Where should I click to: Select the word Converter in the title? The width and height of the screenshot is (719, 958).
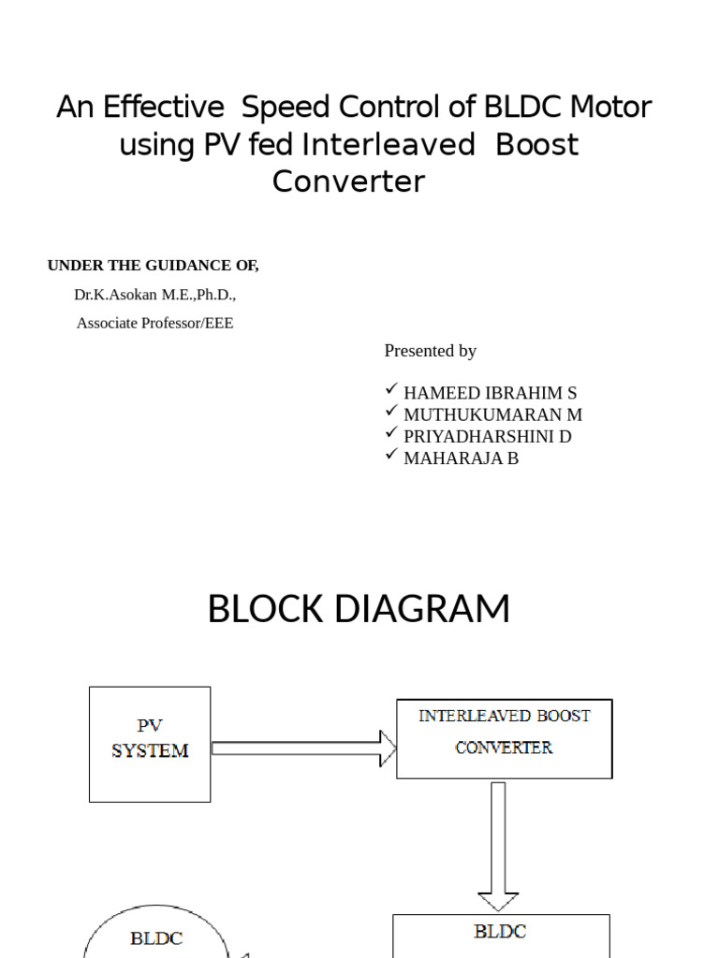click(348, 181)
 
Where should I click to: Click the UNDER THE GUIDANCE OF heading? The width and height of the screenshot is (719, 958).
click(154, 266)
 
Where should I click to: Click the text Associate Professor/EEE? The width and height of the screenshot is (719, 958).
click(155, 323)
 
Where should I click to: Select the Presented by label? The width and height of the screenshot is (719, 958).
click(431, 351)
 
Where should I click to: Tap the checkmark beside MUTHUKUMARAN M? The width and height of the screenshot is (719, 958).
click(392, 412)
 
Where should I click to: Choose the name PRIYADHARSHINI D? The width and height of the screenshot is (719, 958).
click(487, 436)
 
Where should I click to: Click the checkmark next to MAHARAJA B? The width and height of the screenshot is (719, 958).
click(392, 456)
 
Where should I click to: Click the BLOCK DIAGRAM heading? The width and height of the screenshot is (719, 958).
click(359, 609)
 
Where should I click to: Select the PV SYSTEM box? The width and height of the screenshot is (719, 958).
click(150, 743)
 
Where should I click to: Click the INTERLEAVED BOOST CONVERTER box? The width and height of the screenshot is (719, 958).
click(504, 738)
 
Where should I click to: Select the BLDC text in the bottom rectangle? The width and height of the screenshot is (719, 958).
click(500, 931)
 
